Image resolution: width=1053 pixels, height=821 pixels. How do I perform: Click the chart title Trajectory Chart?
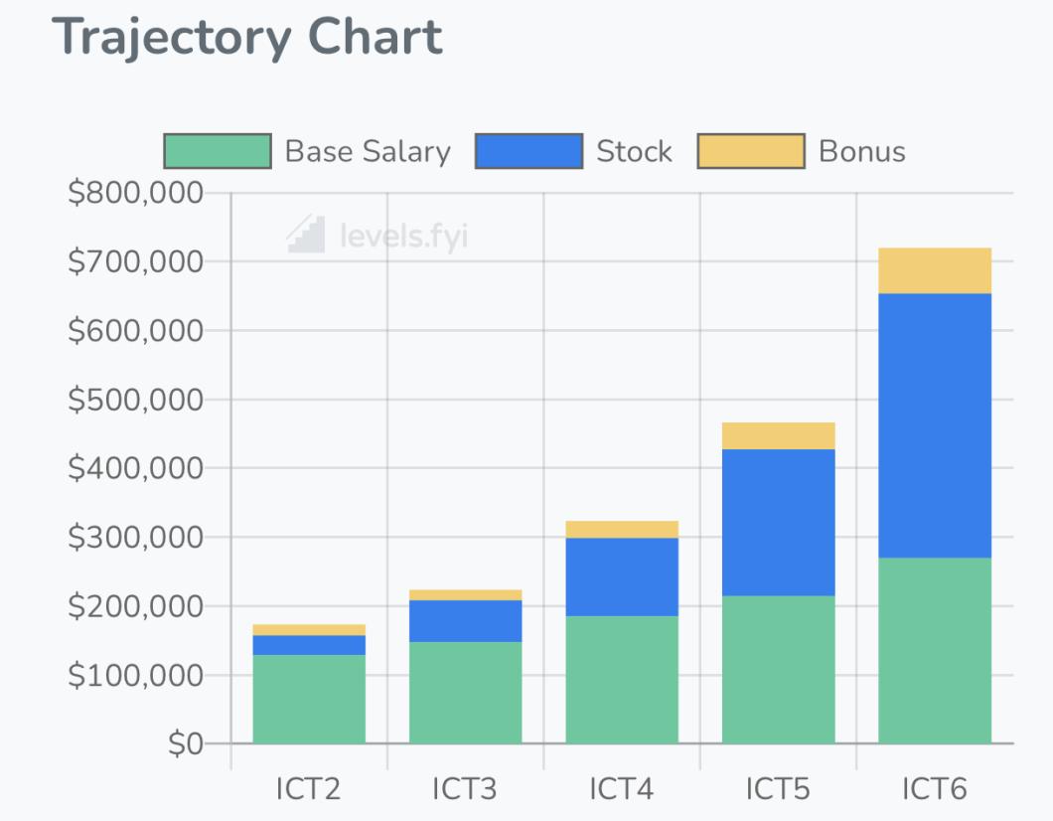[246, 38]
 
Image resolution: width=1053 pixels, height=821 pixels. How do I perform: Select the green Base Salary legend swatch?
[218, 151]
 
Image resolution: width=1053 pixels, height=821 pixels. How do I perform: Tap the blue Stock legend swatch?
[528, 151]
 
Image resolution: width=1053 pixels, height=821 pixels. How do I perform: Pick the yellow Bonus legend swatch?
[751, 151]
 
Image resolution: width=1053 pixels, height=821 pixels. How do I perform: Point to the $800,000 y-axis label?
[135, 193]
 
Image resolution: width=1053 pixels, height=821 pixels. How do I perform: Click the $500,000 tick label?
[135, 400]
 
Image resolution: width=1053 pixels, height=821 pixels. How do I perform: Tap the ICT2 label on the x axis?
[309, 789]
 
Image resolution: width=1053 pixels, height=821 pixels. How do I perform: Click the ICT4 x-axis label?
[622, 789]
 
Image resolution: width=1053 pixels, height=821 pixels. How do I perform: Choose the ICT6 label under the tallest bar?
[935, 789]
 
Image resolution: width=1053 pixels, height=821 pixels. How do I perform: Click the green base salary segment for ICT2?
[309, 699]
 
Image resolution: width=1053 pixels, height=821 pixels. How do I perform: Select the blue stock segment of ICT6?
[935, 425]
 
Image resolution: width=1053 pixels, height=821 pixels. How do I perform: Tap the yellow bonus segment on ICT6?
[935, 270]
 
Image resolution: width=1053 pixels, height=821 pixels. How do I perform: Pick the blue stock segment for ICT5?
[778, 522]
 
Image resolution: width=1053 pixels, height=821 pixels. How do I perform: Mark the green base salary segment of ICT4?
[622, 680]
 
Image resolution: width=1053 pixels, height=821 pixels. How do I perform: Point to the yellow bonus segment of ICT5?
[778, 436]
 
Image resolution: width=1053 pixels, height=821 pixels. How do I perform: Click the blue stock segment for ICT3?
[465, 621]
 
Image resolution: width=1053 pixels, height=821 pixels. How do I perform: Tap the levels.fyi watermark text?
[402, 237]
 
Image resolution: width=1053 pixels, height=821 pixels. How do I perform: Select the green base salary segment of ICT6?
[935, 650]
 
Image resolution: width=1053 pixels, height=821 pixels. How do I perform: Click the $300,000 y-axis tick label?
[135, 537]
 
